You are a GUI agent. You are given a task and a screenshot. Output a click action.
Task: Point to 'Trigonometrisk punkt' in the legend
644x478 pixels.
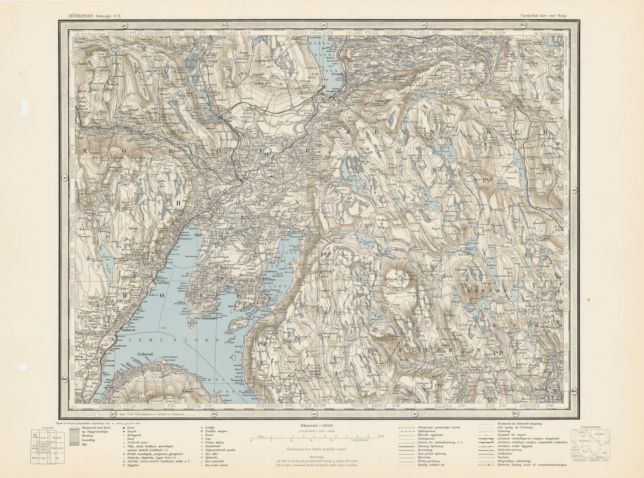tap(222, 446)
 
